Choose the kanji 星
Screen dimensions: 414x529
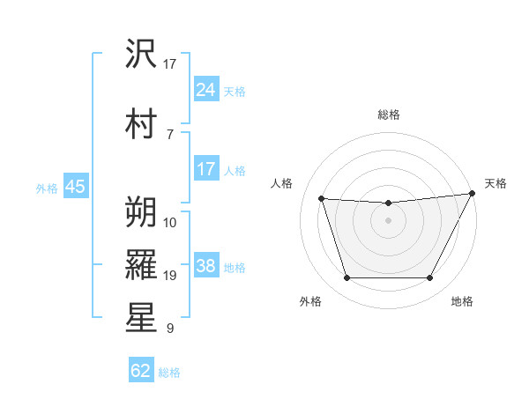pos(142,318)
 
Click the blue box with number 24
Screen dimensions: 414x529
pos(206,89)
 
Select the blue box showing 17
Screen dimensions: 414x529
pos(206,168)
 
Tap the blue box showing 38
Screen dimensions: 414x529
pos(206,265)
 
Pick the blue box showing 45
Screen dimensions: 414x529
pos(75,186)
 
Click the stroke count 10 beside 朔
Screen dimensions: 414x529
pos(170,222)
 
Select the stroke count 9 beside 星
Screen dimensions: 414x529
pos(170,329)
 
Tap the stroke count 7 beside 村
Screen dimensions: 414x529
pos(170,133)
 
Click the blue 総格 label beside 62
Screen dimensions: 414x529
pos(169,373)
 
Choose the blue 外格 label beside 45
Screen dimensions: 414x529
pos(47,188)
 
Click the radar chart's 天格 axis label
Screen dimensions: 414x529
pos(495,183)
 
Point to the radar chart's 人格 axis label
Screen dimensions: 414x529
pos(282,183)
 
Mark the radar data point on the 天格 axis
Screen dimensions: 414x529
pos(473,194)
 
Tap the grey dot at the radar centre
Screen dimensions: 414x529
pos(388,220)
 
